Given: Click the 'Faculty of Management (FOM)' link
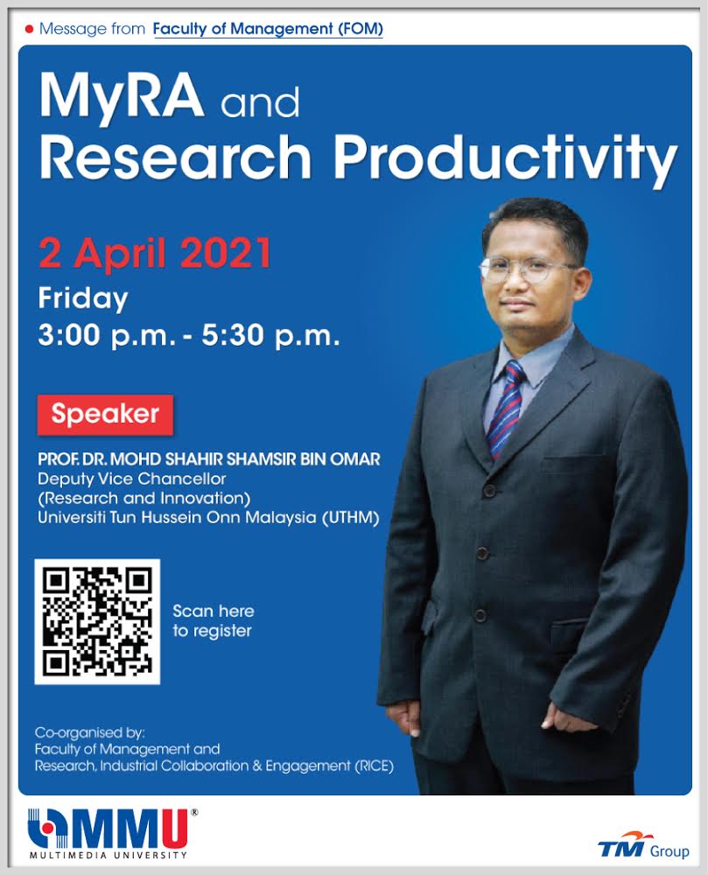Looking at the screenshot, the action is (x=268, y=29).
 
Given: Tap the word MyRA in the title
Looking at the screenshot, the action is (x=122, y=96).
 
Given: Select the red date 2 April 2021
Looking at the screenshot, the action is (x=155, y=253).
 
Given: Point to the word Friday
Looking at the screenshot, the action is (x=83, y=298).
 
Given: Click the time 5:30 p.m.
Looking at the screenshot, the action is (x=270, y=335).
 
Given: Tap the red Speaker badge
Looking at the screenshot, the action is (x=105, y=415).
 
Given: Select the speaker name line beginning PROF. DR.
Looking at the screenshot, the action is (x=209, y=459).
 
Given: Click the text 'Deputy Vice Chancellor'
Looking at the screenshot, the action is (x=132, y=479).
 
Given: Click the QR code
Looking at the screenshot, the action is (x=97, y=621).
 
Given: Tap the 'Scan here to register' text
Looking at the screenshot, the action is (x=214, y=621).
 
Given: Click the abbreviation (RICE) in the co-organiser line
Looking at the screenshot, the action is (x=375, y=766).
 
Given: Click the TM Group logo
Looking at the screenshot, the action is (x=643, y=845).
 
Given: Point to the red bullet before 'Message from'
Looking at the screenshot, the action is (x=30, y=29).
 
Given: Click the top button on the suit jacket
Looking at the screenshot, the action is (x=489, y=491).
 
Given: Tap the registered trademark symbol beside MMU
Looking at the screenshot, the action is (x=194, y=813).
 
